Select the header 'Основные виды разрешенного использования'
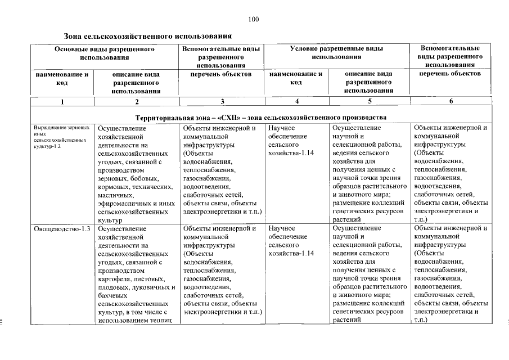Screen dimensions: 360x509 pos(105,53)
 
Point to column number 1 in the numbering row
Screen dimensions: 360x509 pos(62,101)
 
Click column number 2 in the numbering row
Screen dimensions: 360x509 pos(137,101)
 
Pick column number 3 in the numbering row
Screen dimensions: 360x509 pos(222,101)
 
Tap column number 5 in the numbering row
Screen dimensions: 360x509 pos(370,101)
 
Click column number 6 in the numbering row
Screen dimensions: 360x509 pos(452,101)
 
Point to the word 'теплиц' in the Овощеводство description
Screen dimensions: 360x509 pos(168,321)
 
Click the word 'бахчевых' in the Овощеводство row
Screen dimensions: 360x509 pos(111,295)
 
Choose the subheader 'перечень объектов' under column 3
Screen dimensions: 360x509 pos(222,74)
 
